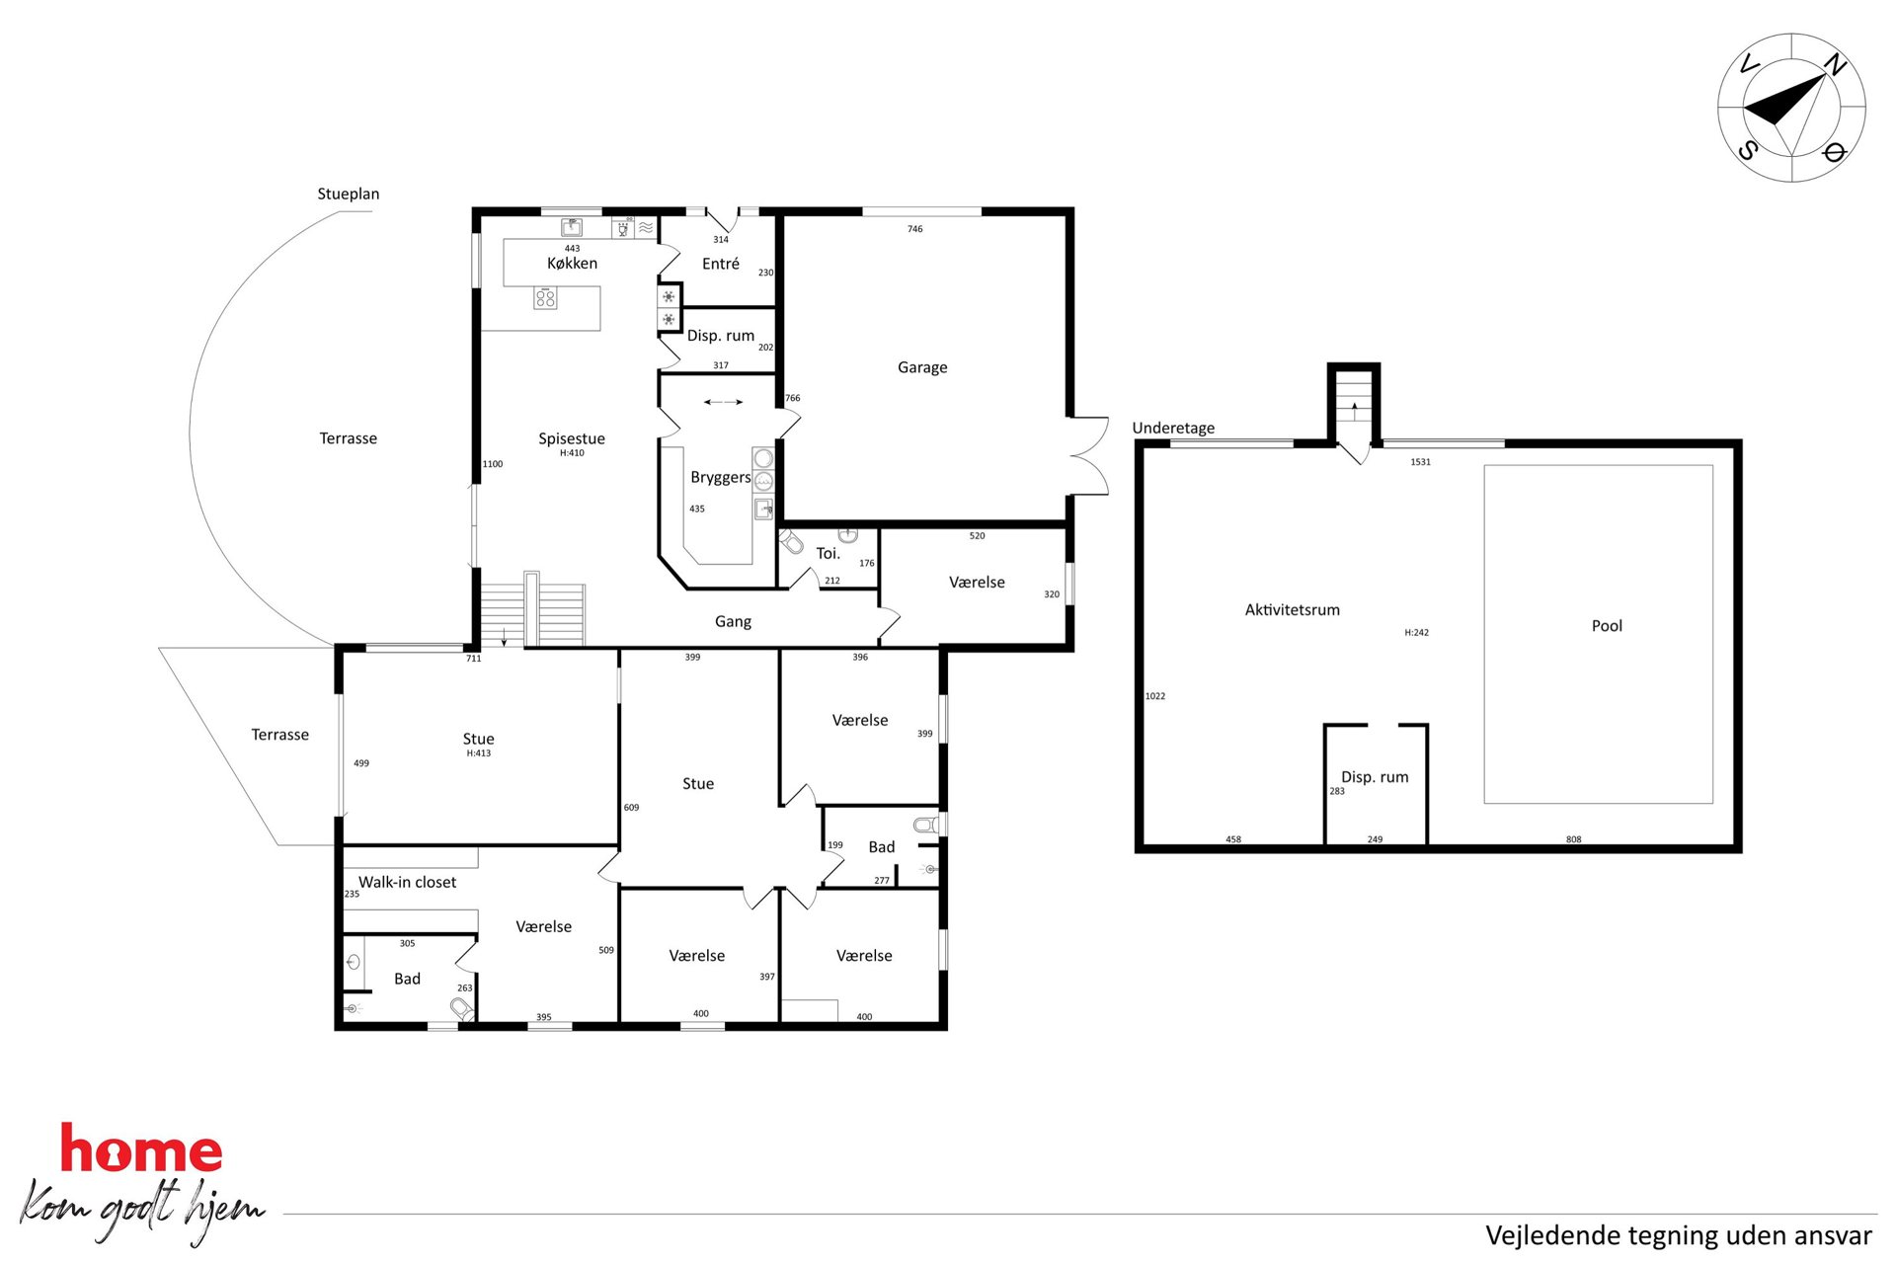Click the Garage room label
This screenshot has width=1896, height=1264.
click(x=922, y=367)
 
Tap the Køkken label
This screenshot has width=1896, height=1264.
click(x=572, y=263)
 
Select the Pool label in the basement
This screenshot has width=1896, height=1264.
click(x=1607, y=625)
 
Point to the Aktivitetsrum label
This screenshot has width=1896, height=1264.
click(x=1292, y=609)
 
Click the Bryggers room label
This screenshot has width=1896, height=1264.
click(x=721, y=477)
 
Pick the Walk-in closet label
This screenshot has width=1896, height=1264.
click(x=407, y=882)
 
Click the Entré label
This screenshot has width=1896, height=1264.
click(x=721, y=264)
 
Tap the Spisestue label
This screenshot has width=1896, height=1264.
click(x=572, y=438)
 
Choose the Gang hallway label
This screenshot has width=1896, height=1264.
click(x=733, y=621)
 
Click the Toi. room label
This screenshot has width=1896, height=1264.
click(x=828, y=553)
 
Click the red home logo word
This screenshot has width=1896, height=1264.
click(x=141, y=1148)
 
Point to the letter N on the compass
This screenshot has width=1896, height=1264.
click(x=1835, y=65)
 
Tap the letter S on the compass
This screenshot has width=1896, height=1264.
click(x=1748, y=150)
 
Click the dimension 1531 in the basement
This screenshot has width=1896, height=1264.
click(x=1420, y=462)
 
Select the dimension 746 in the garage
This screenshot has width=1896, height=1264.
click(x=915, y=229)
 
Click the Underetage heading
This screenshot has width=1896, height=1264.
click(x=1173, y=428)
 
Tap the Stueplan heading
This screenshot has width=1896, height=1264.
click(x=348, y=194)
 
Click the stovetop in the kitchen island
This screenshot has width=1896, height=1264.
click(x=545, y=297)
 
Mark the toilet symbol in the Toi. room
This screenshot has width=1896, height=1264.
click(x=791, y=541)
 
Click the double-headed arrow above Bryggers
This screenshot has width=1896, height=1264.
click(x=723, y=402)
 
